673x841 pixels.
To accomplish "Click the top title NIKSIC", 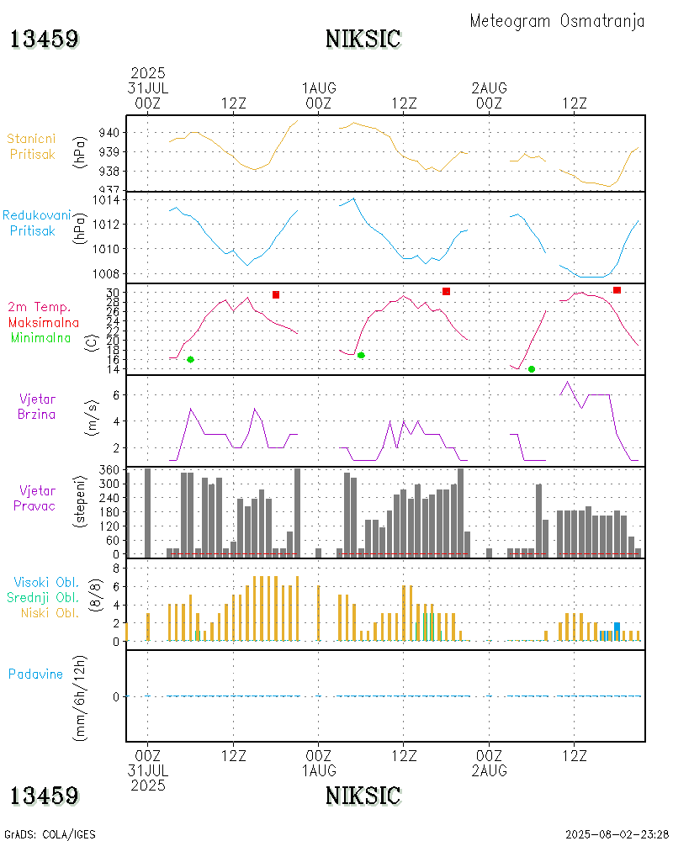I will click(363, 39).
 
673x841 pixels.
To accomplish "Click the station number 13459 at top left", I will click(45, 39).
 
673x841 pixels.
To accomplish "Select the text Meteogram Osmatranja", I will click(557, 22).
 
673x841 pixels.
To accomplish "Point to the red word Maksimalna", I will click(44, 322).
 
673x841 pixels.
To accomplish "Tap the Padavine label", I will click(36, 674).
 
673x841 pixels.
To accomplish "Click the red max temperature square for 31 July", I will click(276, 294).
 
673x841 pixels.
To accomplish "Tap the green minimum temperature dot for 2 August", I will click(532, 369).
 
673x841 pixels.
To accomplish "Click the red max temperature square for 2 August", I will click(617, 290).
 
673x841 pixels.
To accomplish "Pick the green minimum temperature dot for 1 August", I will click(361, 355).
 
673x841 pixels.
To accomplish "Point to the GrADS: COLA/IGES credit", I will click(50, 834).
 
